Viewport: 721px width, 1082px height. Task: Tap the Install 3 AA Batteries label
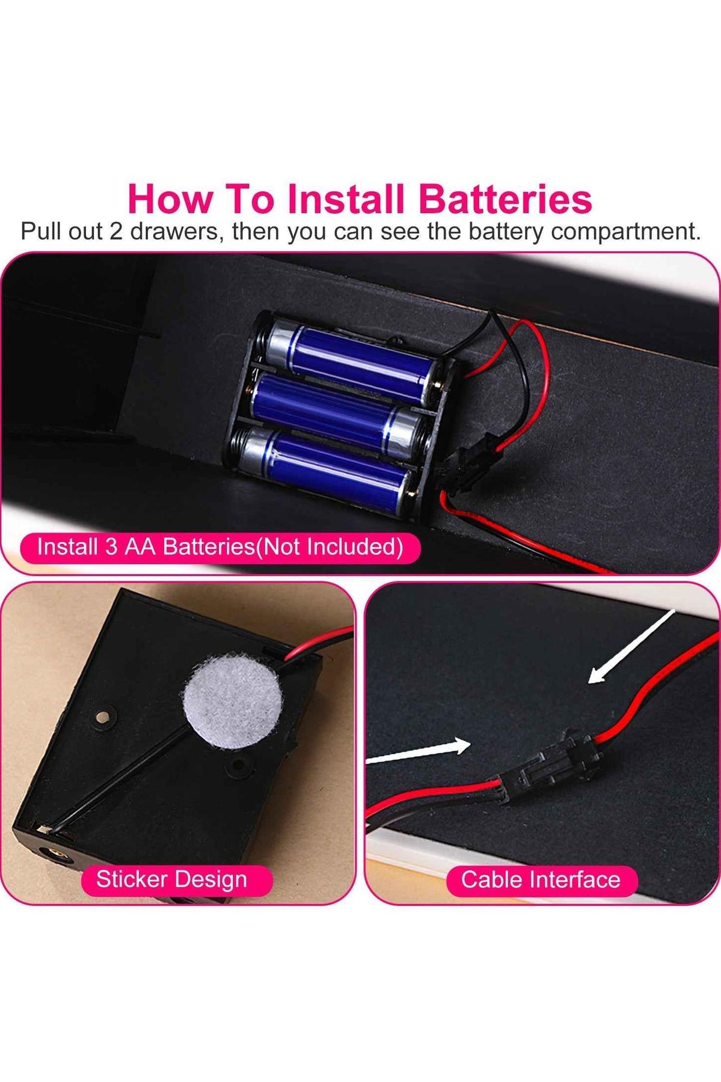(220, 547)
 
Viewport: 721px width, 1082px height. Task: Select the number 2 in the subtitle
(115, 231)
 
